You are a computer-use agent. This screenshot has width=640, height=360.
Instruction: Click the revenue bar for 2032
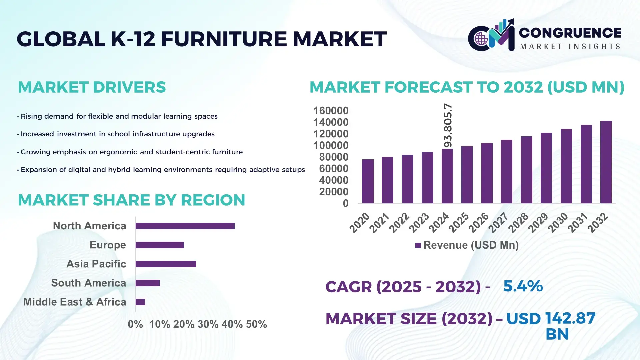[x=606, y=162]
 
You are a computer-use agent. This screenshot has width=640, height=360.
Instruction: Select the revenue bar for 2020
[x=368, y=181]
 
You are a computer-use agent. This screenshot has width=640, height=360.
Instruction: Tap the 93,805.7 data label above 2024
[x=448, y=125]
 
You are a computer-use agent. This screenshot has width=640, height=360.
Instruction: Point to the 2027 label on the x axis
[x=498, y=222]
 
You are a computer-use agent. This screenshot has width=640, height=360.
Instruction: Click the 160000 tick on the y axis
[x=331, y=111]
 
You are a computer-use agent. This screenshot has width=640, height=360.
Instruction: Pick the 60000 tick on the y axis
[x=333, y=169]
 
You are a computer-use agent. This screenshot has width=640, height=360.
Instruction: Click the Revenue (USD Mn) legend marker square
[x=418, y=245]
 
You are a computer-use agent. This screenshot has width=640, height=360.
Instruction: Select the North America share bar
[x=185, y=226]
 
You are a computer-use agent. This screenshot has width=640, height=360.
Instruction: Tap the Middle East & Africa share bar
[x=140, y=302]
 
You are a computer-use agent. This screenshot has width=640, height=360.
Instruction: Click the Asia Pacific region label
[x=96, y=264]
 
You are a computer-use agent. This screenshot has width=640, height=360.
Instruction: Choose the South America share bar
[x=148, y=283]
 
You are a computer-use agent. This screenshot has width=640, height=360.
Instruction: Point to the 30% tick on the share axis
[x=208, y=324]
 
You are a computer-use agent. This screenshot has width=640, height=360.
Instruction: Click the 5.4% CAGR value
[x=523, y=286]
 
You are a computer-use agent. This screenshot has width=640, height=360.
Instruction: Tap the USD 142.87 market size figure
[x=551, y=319]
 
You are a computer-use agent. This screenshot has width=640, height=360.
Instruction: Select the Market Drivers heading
[x=92, y=87]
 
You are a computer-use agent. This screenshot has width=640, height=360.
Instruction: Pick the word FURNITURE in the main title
[x=224, y=39]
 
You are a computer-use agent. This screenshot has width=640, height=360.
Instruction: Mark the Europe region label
[x=108, y=245]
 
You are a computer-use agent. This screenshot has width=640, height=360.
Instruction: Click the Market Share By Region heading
[x=131, y=200]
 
